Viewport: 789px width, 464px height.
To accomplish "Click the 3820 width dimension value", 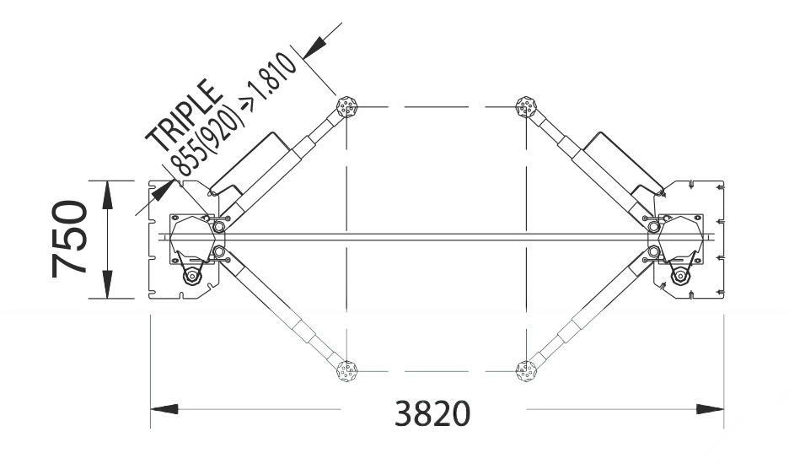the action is point(432,413).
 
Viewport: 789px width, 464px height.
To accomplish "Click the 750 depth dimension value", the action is point(69,239).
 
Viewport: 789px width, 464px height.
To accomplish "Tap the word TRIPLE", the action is point(184,116).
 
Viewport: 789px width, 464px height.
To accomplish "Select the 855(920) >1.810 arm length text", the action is point(232,115).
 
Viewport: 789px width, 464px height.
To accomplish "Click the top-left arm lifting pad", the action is point(346,106).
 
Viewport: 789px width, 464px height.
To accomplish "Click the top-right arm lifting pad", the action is point(526,106).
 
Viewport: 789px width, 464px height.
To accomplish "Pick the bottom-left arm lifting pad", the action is point(346,371).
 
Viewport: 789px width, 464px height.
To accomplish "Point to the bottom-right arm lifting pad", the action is point(526,371).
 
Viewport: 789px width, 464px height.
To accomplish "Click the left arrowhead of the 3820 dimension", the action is point(164,408).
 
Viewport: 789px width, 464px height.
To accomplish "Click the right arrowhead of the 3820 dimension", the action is point(710,408).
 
